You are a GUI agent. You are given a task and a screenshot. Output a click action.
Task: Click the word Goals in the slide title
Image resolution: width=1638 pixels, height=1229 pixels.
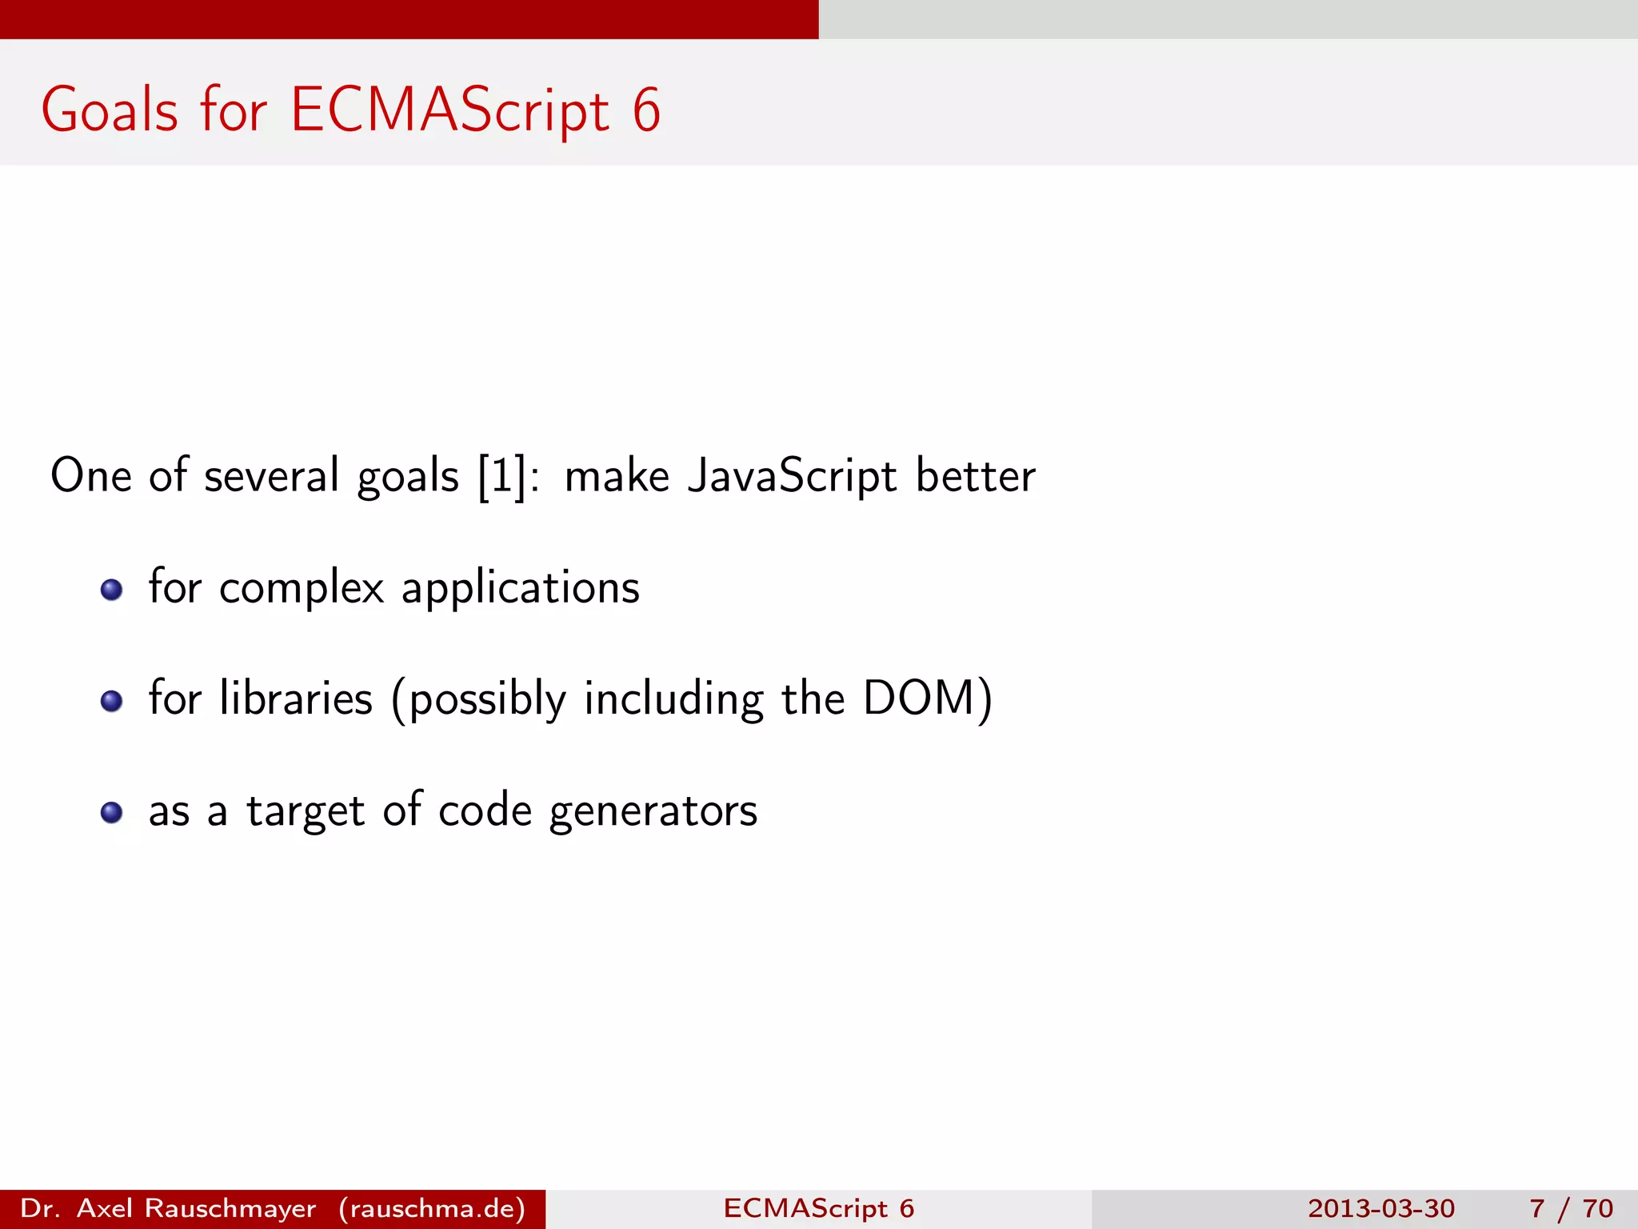click(110, 110)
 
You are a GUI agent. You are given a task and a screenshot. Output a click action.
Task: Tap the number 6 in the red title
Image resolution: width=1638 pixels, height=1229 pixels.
click(646, 110)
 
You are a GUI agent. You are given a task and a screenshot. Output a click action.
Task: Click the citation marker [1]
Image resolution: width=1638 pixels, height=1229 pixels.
click(501, 476)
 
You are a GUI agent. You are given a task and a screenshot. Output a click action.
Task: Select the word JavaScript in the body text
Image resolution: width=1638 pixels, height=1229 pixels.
click(792, 476)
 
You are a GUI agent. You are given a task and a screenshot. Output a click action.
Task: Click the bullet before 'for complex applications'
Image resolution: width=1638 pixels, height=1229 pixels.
click(111, 590)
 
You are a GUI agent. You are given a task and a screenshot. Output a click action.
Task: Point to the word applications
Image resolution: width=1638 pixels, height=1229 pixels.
click(520, 589)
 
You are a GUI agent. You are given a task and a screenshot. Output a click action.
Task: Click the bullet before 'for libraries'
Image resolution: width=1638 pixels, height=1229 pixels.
click(111, 702)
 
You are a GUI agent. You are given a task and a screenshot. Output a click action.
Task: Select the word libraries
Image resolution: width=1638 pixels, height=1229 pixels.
click(296, 699)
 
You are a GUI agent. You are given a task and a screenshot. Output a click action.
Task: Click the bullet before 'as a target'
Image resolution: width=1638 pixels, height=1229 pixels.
click(111, 813)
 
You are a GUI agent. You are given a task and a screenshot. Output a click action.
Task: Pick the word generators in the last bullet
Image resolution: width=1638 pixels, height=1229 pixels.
click(653, 811)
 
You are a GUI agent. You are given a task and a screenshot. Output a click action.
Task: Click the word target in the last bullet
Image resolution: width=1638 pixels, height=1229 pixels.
click(306, 811)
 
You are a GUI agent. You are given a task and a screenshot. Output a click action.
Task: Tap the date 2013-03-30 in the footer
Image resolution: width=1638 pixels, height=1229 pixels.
click(1381, 1208)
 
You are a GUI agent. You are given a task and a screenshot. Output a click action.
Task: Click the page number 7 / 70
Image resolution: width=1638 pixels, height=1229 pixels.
click(1571, 1208)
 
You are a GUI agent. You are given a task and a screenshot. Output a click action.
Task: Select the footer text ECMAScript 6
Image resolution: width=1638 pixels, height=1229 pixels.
click(818, 1208)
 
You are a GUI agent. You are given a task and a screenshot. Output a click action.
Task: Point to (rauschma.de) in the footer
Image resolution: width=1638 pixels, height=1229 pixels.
click(432, 1208)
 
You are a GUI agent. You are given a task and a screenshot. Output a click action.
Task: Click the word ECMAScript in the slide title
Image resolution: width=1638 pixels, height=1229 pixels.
click(449, 110)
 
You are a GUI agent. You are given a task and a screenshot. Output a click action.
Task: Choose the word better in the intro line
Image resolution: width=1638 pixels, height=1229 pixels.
click(975, 476)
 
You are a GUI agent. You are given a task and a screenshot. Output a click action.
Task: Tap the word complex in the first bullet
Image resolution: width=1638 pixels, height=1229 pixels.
click(302, 589)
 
